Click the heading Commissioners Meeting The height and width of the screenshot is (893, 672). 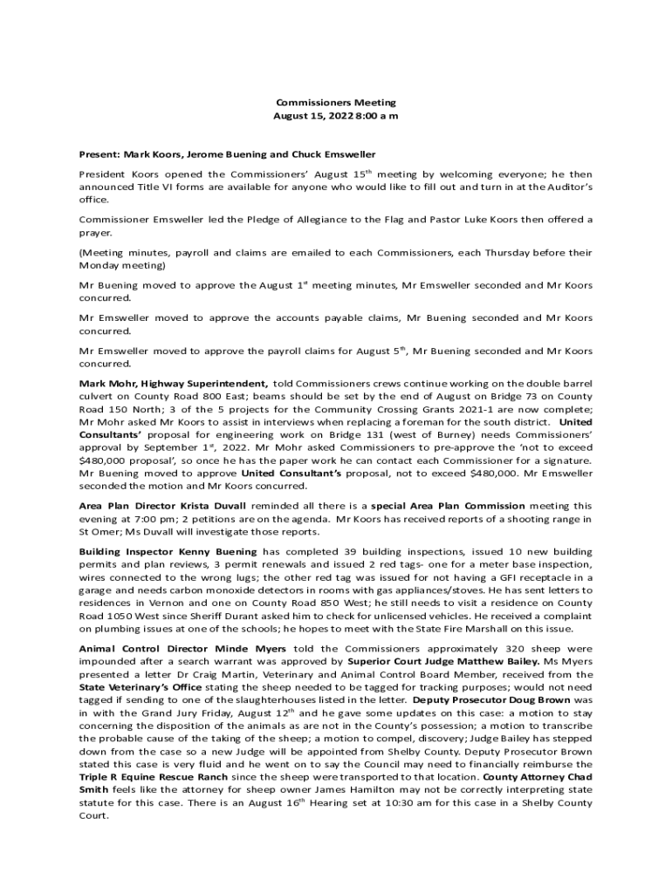(336, 102)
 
